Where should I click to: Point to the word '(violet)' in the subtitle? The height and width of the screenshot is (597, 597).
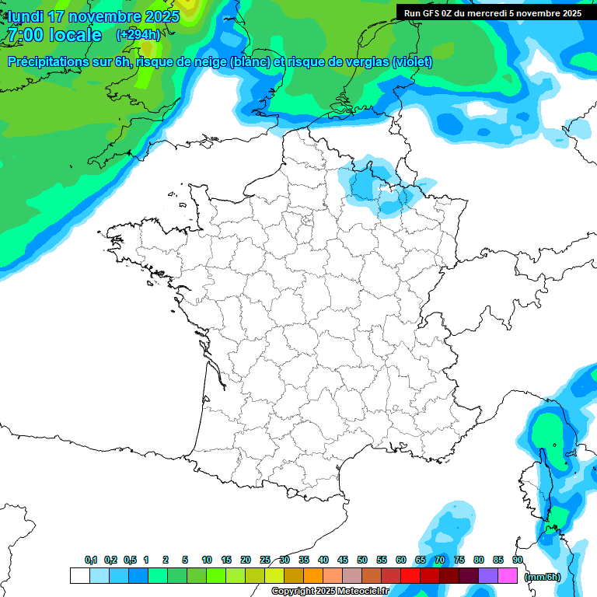click(x=412, y=62)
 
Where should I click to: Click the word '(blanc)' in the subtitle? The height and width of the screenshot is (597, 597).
click(x=250, y=62)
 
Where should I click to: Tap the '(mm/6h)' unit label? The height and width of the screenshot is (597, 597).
click(x=542, y=576)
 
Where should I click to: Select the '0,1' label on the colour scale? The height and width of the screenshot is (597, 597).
click(x=91, y=560)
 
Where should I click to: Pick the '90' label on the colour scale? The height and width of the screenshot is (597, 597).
click(x=518, y=560)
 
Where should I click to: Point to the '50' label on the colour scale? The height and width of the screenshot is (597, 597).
click(x=362, y=560)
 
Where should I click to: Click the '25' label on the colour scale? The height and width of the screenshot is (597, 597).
click(x=265, y=560)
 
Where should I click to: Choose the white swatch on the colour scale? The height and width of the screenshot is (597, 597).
click(x=79, y=575)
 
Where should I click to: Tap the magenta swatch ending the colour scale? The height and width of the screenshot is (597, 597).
click(x=508, y=575)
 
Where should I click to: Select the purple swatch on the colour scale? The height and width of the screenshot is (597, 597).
click(x=488, y=575)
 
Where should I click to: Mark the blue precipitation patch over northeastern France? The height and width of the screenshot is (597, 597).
click(x=381, y=187)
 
